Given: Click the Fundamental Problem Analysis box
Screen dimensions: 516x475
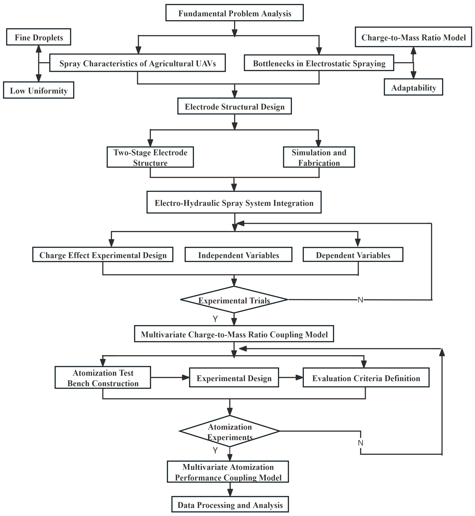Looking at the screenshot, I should [x=234, y=13].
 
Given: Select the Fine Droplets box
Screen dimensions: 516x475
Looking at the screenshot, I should [x=39, y=37].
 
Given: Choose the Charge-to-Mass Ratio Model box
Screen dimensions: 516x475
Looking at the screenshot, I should [x=413, y=37].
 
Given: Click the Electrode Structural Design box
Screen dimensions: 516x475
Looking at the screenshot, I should [x=234, y=106].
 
